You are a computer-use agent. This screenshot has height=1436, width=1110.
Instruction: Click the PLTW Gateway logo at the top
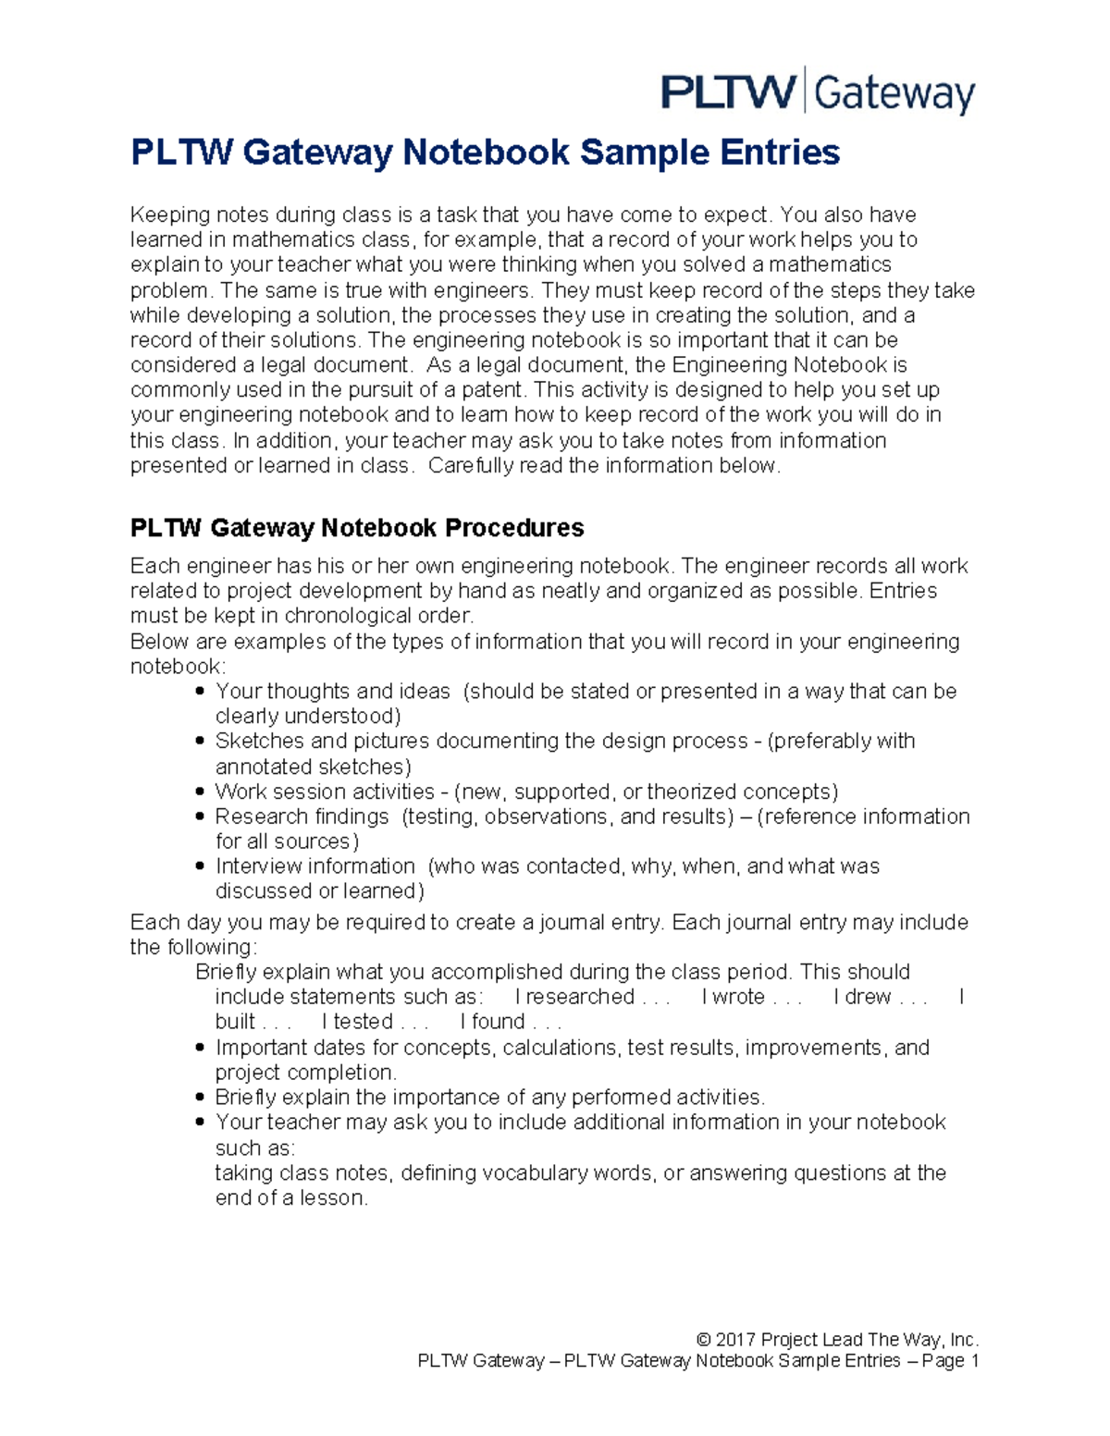pyautogui.click(x=818, y=92)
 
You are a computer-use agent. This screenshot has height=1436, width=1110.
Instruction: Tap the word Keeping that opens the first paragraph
pyautogui.click(x=170, y=215)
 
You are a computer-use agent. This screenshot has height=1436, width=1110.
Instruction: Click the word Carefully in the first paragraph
pyautogui.click(x=470, y=466)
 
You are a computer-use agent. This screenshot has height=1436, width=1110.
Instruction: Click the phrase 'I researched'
pyautogui.click(x=574, y=997)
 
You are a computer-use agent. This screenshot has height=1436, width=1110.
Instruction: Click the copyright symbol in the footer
pyautogui.click(x=704, y=1340)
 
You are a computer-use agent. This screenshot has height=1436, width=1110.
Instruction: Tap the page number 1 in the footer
pyautogui.click(x=973, y=1361)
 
